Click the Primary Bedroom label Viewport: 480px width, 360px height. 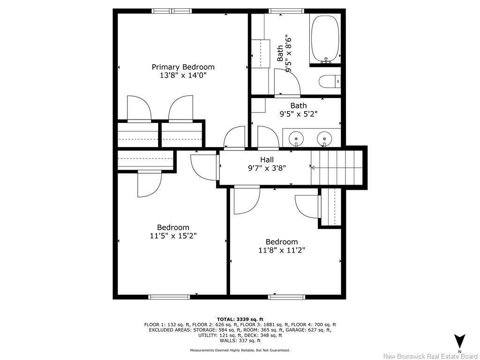tap(183, 67)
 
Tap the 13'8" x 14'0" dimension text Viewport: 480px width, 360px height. tap(183, 75)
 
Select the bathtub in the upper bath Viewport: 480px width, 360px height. tap(324, 39)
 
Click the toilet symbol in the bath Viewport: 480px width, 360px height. tap(329, 82)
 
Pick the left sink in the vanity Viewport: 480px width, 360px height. tap(295, 139)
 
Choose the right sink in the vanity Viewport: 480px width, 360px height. tap(323, 139)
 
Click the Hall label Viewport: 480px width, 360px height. tap(267, 160)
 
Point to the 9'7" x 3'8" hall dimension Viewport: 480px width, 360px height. tap(267, 168)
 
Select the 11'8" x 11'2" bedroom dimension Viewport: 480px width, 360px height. tap(281, 250)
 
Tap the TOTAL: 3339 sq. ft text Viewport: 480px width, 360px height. tap(240, 319)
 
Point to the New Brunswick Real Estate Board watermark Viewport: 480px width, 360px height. tap(430, 356)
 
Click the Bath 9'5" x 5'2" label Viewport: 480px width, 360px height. tap(298, 109)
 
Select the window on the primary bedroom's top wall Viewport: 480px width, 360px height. tap(172, 11)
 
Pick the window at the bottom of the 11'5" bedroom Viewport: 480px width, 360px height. tap(169, 297)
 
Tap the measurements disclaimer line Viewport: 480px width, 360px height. tap(240, 350)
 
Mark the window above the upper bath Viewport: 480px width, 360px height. tap(286, 11)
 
